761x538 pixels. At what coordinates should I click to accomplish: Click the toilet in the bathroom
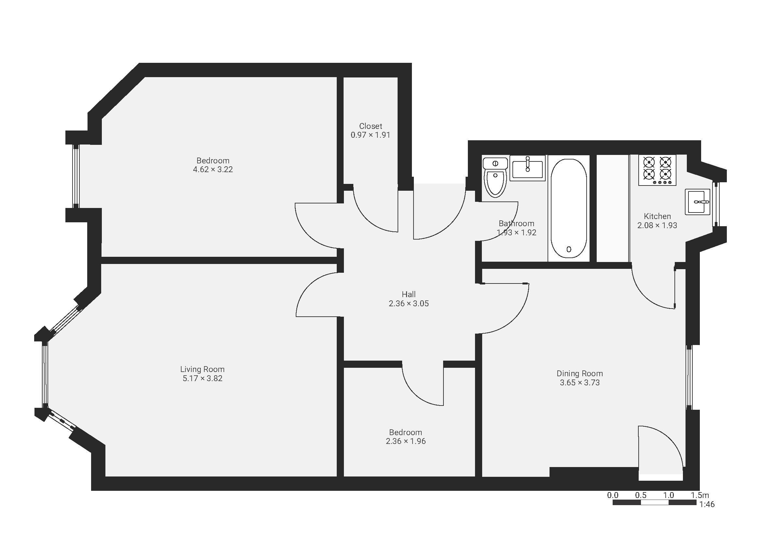495,177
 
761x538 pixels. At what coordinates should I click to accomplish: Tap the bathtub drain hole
569,249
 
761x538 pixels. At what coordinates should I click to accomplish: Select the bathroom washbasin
527,168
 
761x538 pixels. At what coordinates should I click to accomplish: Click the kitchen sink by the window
697,202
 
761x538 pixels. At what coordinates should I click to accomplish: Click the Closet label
371,126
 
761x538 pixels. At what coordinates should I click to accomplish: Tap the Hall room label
409,294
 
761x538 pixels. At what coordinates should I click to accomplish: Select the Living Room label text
202,369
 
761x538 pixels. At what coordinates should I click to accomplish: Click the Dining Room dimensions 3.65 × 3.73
580,382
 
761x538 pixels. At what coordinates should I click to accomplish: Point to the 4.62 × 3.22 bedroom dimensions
213,169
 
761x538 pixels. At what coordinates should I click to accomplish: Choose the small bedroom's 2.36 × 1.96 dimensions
406,441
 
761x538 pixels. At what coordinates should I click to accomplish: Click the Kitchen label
657,216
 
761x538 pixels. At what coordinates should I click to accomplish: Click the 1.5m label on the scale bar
700,495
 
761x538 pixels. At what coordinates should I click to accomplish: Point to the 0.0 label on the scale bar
613,495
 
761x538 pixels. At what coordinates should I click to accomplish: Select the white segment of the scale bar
655,503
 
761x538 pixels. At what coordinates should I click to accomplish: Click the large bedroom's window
76,176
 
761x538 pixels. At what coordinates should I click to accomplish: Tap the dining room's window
689,378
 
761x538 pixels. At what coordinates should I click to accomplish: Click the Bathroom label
516,223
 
